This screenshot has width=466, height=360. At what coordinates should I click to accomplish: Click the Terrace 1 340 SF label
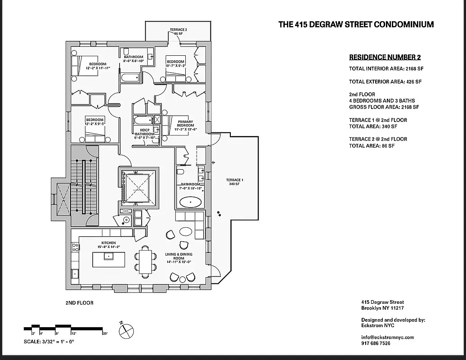coord(234,182)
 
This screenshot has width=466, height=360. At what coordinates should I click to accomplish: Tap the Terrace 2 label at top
coord(179,31)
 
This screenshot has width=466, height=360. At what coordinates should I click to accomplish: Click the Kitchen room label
coord(108,243)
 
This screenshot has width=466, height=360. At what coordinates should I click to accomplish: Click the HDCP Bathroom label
coord(144,134)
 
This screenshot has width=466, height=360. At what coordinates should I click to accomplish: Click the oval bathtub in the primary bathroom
coord(191,202)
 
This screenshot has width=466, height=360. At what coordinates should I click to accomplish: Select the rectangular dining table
coord(145,261)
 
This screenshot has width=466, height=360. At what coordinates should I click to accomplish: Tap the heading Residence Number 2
coord(385,57)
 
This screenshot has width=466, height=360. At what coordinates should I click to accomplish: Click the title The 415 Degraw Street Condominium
coord(356,24)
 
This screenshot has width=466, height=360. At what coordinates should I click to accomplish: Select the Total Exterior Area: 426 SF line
coord(385,82)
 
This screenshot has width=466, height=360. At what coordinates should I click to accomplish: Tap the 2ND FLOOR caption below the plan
coord(79,303)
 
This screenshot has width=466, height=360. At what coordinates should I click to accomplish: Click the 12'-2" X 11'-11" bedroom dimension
coord(97,68)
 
